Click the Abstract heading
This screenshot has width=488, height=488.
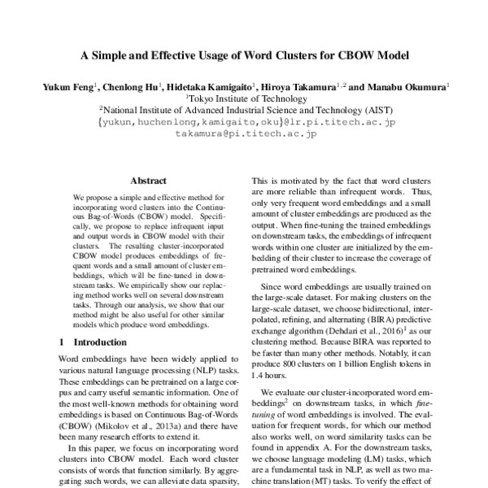(148, 181)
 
